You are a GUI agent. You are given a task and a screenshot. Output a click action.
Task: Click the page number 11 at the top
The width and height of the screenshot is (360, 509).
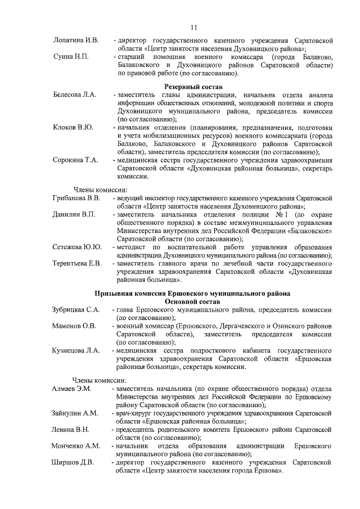tap(193, 28)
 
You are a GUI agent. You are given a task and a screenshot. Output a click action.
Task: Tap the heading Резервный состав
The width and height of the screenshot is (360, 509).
tap(193, 87)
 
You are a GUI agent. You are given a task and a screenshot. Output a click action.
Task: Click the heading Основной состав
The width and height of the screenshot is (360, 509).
tap(193, 301)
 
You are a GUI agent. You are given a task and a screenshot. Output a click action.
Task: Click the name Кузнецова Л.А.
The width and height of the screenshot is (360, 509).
tap(76, 351)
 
